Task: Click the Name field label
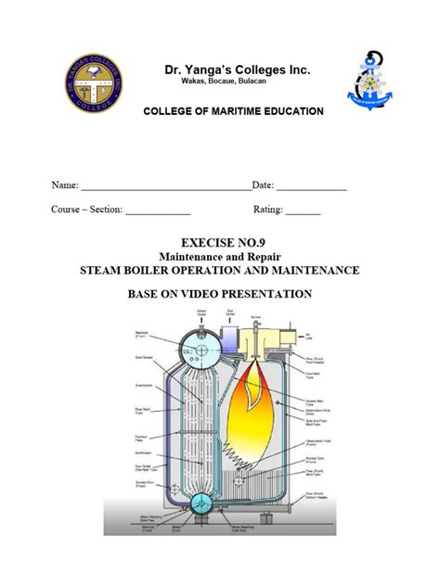[64, 186]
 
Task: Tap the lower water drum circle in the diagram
[200, 503]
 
